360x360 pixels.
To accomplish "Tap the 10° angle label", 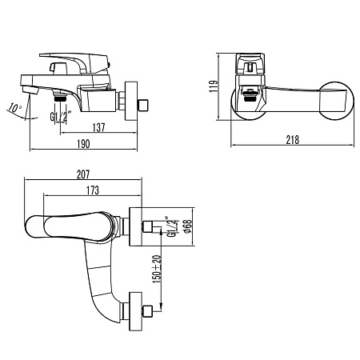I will (14, 107).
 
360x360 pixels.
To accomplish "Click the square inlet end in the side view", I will (145, 103).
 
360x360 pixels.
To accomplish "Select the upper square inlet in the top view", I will (150, 225).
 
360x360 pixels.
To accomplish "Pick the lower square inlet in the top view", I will (150, 311).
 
